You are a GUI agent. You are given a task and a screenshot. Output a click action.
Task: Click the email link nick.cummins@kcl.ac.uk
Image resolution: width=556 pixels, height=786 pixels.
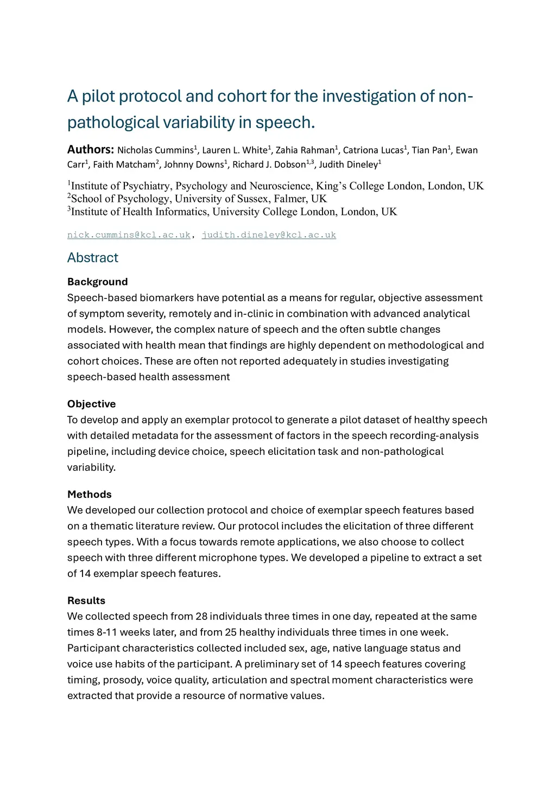point(129,235)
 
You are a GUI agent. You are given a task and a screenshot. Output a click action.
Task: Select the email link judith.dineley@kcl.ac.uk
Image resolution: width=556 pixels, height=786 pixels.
point(269,235)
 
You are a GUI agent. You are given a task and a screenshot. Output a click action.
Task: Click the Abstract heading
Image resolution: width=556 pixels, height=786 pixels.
point(93,258)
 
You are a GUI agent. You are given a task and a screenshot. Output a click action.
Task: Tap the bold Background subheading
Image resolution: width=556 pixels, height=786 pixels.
point(98,282)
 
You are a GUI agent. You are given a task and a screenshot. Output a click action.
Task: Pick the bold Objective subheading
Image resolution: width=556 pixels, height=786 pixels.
point(92,404)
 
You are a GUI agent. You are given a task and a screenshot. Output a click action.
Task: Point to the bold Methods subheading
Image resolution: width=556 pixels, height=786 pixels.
point(90,495)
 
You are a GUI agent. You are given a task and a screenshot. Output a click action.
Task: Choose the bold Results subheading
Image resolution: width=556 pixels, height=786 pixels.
point(86,601)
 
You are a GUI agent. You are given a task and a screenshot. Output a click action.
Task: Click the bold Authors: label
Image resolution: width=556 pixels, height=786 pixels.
point(90,150)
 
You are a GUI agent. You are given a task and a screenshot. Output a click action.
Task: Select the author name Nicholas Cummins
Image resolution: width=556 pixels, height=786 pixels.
point(155,150)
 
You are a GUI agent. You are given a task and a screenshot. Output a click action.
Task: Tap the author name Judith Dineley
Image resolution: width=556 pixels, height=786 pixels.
point(348,164)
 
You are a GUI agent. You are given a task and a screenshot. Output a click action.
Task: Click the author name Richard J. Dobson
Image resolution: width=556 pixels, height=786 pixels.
point(269,164)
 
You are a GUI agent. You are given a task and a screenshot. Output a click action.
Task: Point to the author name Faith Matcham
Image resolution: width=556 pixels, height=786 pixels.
point(124,164)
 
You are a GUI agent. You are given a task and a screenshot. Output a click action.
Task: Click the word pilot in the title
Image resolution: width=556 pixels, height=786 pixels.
point(98,96)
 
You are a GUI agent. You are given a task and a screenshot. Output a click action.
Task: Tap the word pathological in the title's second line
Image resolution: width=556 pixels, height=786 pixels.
point(113,123)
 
